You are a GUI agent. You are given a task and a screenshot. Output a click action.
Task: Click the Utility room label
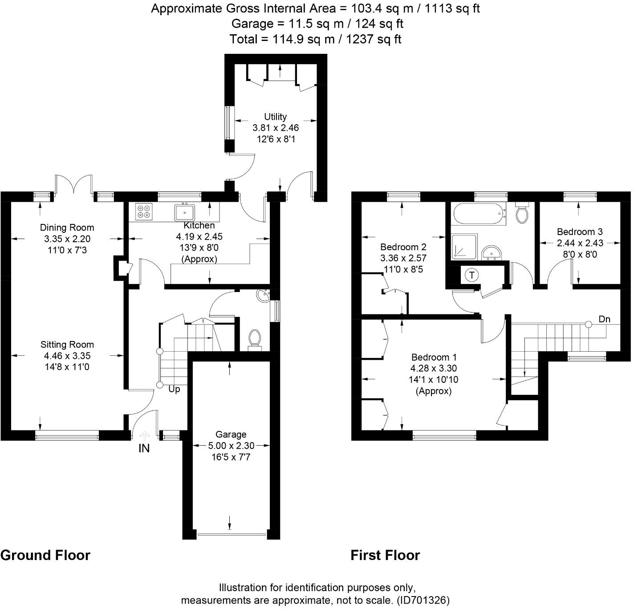click(x=275, y=117)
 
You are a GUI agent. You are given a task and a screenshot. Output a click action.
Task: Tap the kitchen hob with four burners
click(x=144, y=211)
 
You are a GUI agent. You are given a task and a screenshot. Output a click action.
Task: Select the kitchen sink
click(x=184, y=212)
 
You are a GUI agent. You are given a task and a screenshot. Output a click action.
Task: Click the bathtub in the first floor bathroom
click(x=479, y=213)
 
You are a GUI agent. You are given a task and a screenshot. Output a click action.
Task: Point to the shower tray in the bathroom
click(x=464, y=247)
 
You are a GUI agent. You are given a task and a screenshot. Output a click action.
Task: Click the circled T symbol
click(x=471, y=275)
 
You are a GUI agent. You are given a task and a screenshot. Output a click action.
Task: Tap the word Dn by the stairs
click(x=604, y=319)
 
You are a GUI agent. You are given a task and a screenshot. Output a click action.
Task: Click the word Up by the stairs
click(x=174, y=390)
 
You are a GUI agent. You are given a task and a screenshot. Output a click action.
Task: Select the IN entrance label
click(x=144, y=448)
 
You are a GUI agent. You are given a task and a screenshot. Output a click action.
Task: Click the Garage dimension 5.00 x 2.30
click(x=231, y=446)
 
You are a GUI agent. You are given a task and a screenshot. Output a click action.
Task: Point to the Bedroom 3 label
click(x=580, y=231)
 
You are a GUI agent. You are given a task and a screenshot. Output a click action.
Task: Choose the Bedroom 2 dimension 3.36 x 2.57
click(x=403, y=258)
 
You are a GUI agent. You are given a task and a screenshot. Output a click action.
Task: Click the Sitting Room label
click(x=67, y=345)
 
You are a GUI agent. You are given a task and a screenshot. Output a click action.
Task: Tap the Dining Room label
click(x=67, y=227)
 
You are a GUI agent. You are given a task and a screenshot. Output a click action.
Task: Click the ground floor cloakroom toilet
click(x=255, y=340)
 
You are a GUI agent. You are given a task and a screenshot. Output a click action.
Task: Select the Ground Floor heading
click(x=45, y=555)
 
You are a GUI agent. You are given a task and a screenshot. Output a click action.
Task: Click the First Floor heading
click(x=385, y=555)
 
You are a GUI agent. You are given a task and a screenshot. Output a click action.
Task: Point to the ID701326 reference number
click(x=423, y=600)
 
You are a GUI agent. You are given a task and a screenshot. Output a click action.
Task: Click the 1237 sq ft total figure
click(x=374, y=39)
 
